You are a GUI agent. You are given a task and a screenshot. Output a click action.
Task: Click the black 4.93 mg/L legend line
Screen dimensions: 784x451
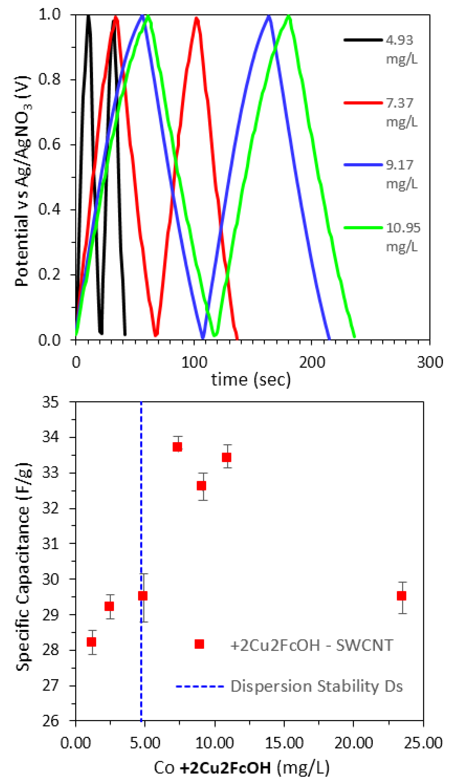363,40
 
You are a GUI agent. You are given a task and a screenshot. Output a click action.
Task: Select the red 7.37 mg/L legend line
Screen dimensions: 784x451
363,103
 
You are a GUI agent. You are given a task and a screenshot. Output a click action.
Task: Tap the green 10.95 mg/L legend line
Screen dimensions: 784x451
363,228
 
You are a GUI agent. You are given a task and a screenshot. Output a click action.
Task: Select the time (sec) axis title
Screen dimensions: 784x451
251,380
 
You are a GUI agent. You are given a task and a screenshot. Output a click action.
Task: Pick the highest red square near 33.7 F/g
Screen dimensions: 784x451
177,447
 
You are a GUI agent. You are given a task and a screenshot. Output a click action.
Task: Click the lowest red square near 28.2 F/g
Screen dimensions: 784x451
91,642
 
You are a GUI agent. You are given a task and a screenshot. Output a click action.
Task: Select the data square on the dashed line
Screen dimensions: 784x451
143,596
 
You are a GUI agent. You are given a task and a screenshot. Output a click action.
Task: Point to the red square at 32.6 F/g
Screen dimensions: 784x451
202,486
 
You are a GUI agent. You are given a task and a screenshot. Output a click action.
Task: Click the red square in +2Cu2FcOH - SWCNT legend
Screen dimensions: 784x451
199,644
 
